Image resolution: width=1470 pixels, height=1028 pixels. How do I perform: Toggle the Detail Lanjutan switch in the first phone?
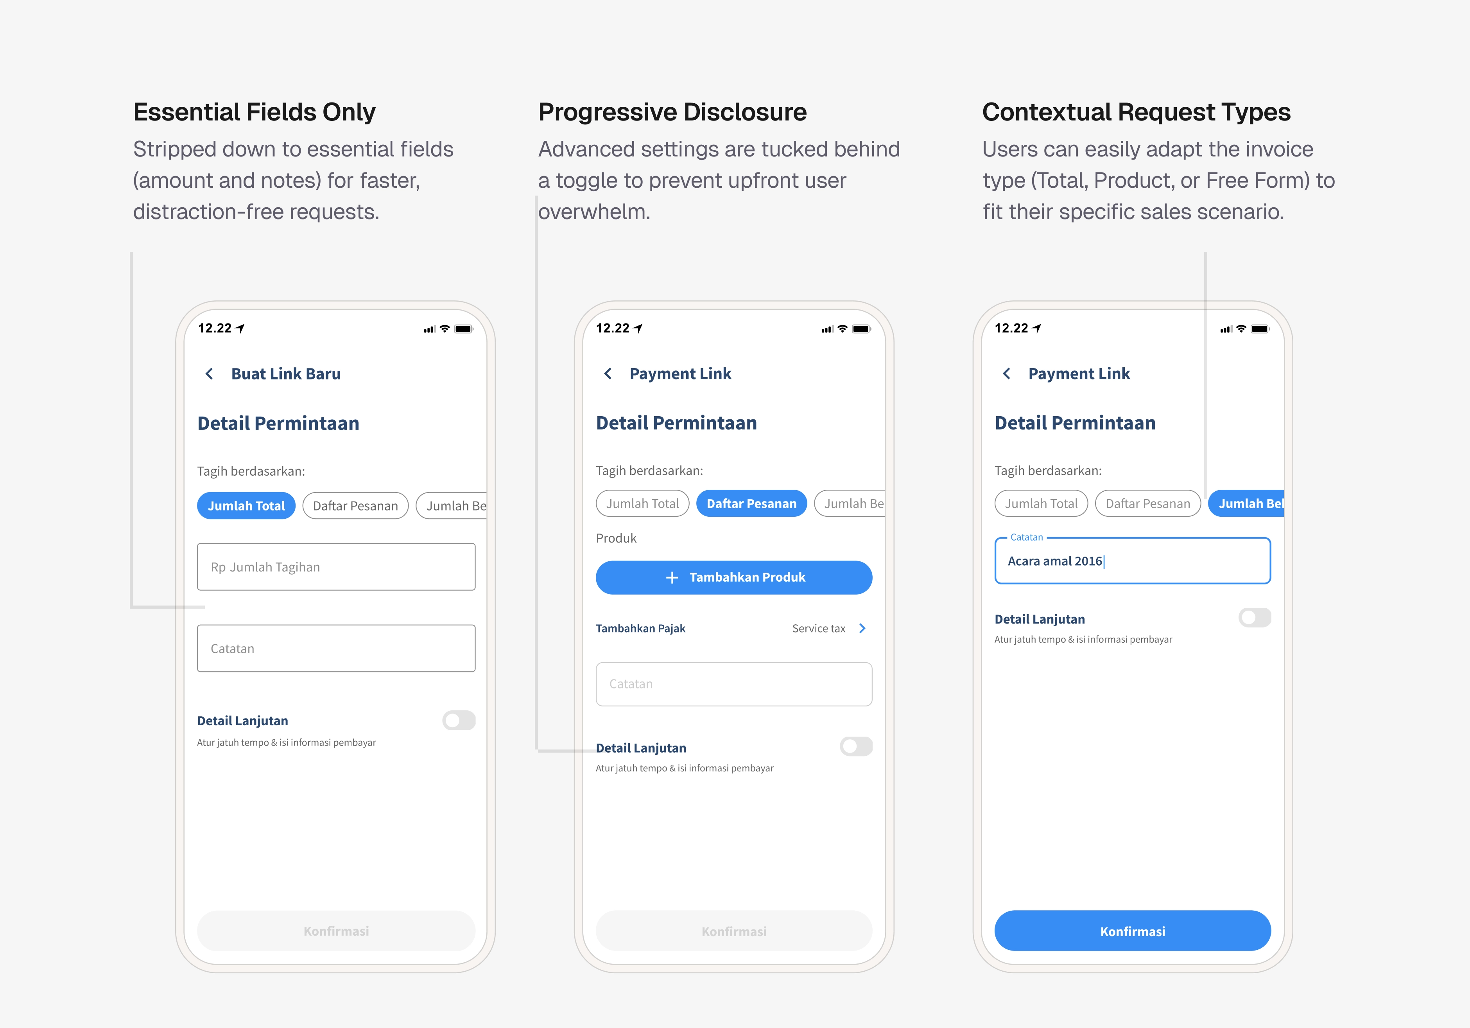[459, 721]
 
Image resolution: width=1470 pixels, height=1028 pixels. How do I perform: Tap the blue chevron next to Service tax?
[862, 628]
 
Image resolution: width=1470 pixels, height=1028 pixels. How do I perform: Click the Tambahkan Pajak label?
[640, 628]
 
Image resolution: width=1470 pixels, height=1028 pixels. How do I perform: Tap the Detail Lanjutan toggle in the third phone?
[1254, 618]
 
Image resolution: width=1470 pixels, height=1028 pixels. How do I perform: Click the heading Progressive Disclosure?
[672, 112]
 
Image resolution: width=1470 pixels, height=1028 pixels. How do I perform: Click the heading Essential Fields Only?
[254, 112]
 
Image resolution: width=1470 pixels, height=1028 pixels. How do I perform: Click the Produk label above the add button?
[616, 538]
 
